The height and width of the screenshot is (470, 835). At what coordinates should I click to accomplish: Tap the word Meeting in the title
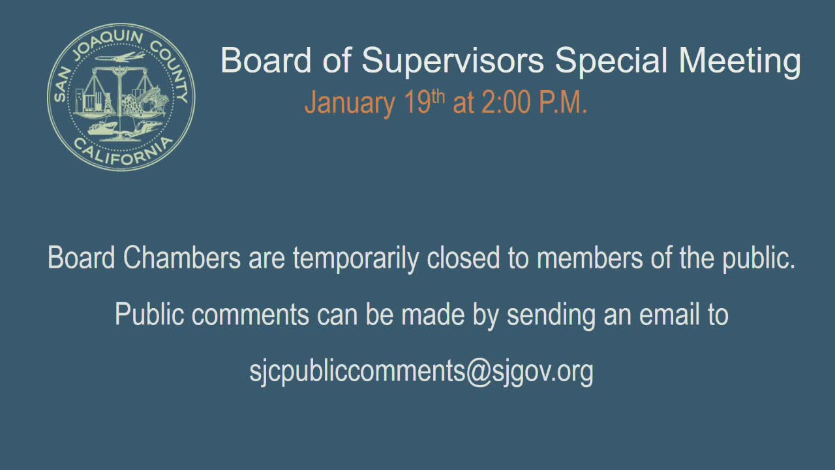740,61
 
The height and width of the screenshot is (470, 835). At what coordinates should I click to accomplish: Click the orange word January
350,103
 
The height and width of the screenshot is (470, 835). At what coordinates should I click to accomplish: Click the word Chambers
182,258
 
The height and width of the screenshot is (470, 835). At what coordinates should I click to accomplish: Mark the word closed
463,258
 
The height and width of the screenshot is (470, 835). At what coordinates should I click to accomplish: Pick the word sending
551,315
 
